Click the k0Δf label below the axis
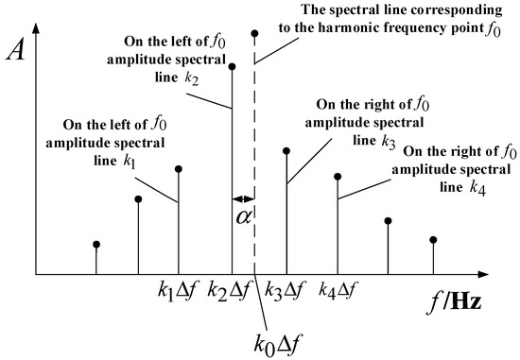pos(278,336)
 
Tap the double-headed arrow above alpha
pos(243,198)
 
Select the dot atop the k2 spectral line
pos(233,66)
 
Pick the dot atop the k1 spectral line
pos(179,169)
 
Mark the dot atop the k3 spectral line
pos(286,150)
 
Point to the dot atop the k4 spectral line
pos(338,176)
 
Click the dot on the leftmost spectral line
pos(96,245)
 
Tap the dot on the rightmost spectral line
pos(434,239)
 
